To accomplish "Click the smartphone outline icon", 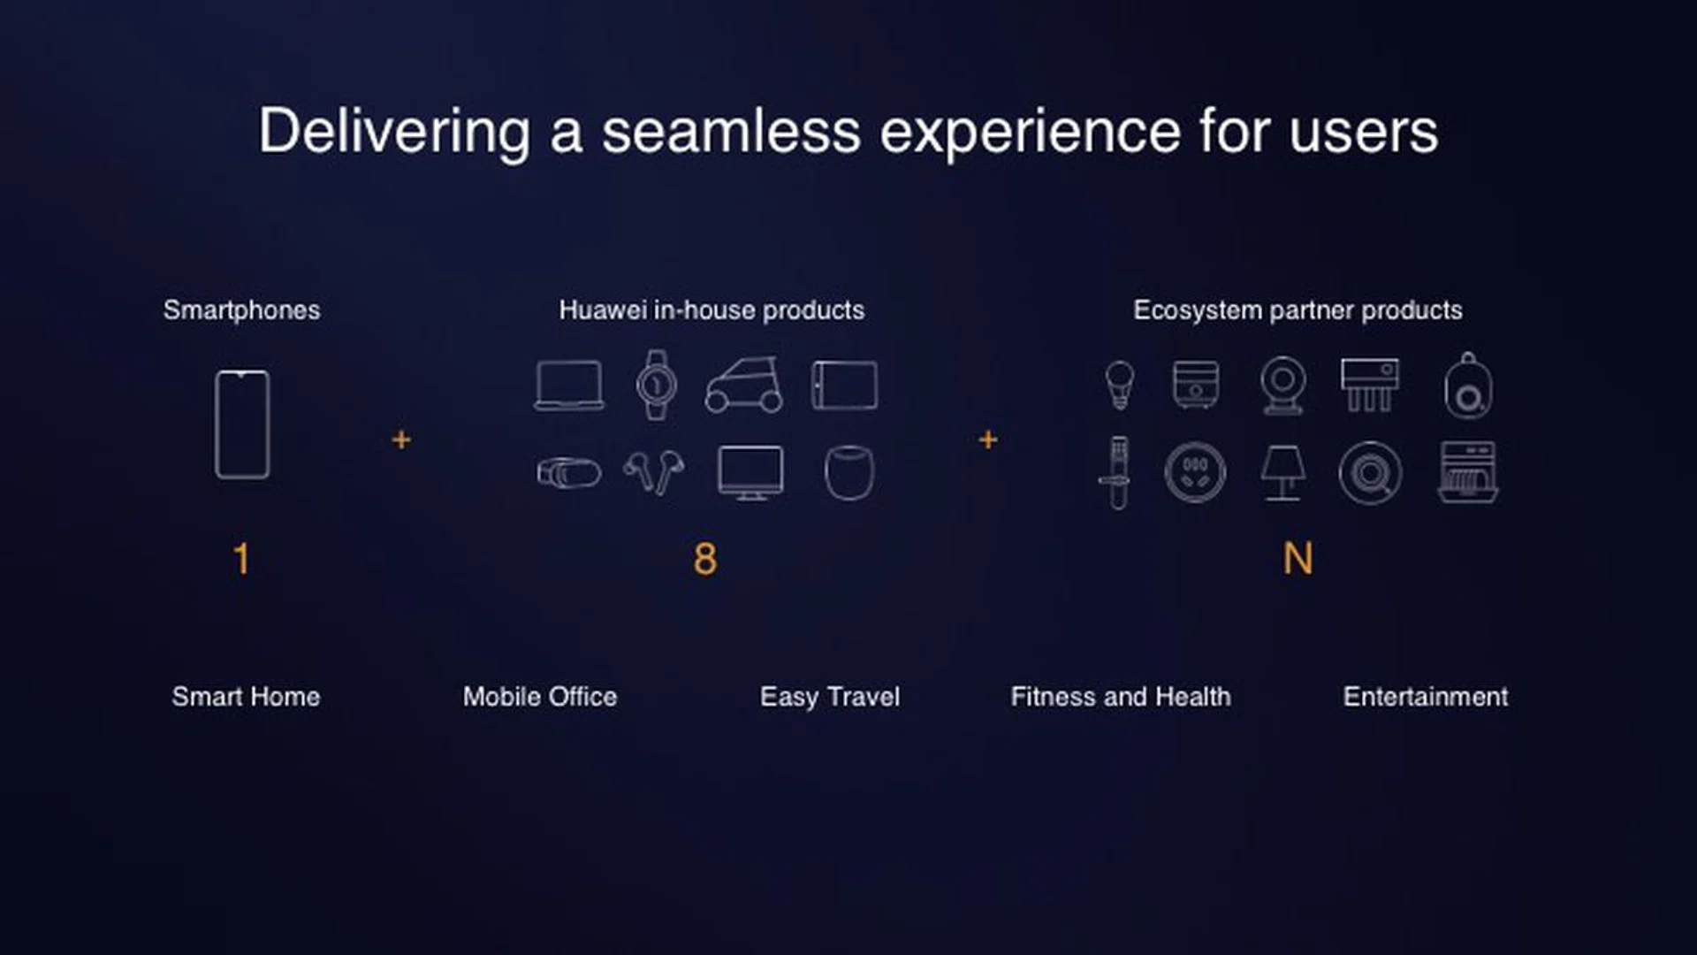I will (x=242, y=424).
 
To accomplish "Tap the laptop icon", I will (x=569, y=386).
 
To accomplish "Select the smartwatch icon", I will (x=656, y=385).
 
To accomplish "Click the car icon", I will (x=744, y=386).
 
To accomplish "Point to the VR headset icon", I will (x=568, y=472).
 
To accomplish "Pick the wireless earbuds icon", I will (x=654, y=472).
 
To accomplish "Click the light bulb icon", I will (x=1119, y=385).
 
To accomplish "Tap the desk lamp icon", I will (x=1282, y=472).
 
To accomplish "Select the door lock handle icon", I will (x=1118, y=472).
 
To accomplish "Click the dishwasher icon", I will (x=1467, y=472).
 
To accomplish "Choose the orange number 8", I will (x=705, y=559).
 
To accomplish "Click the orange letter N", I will (x=1297, y=559).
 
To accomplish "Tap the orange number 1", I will (x=241, y=559).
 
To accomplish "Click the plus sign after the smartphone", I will (x=401, y=439).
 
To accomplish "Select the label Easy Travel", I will (x=829, y=697).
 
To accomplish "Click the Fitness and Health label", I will (x=1120, y=697).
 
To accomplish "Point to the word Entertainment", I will (x=1425, y=697).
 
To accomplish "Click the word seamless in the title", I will (x=731, y=132).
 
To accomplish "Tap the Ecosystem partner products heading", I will (x=1297, y=310).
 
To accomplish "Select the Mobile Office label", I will (x=540, y=697).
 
